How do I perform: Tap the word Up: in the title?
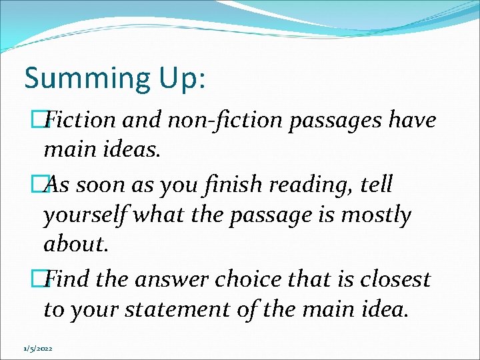pyautogui.click(x=182, y=79)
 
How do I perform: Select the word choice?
pyautogui.click(x=250, y=279)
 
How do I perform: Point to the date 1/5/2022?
pyautogui.click(x=37, y=348)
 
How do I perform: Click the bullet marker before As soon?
pyautogui.click(x=47, y=185)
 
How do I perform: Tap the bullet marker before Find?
pyautogui.click(x=47, y=279)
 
